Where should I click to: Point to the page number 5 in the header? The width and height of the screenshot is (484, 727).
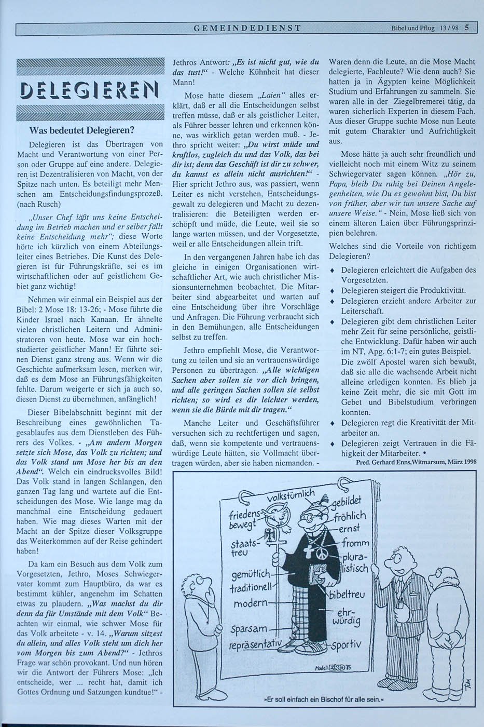(467, 28)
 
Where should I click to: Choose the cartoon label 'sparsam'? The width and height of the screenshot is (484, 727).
(249, 629)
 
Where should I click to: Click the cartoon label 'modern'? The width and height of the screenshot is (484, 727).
(251, 604)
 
